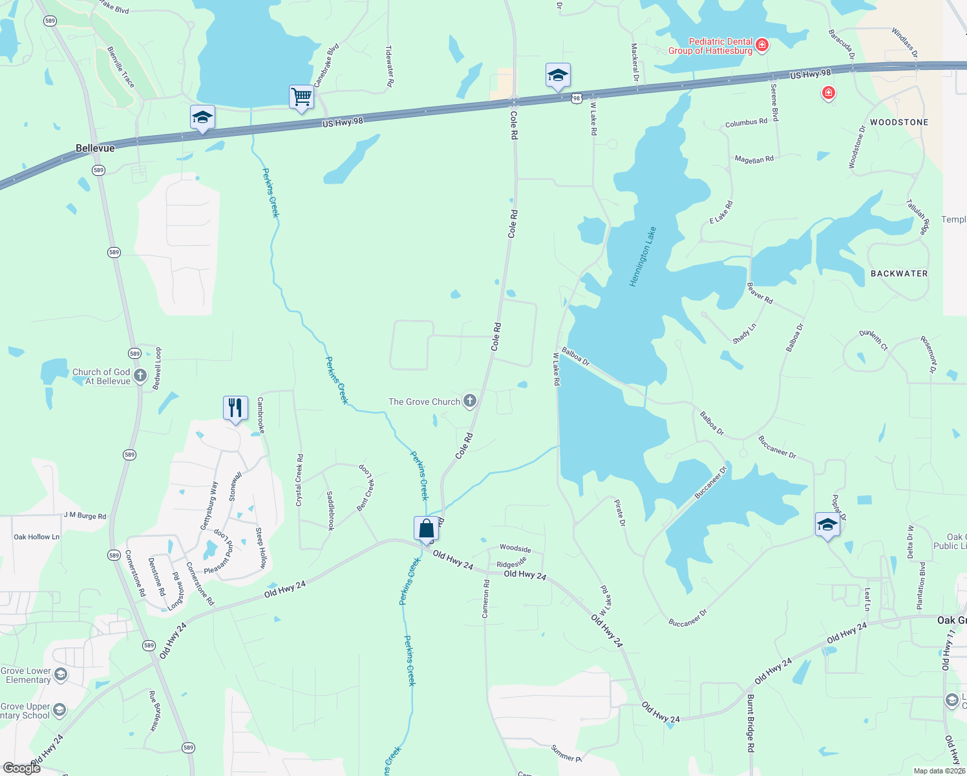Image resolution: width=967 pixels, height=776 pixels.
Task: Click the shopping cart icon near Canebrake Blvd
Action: click(x=301, y=98)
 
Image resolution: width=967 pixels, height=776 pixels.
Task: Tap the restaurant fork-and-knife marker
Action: click(x=235, y=408)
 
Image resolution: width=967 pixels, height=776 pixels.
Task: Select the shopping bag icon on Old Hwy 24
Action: click(x=426, y=529)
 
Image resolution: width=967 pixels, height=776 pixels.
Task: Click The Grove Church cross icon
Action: click(x=470, y=401)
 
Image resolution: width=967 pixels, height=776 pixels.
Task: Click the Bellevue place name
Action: click(x=95, y=148)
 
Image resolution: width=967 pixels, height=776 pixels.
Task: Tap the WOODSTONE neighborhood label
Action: click(x=898, y=122)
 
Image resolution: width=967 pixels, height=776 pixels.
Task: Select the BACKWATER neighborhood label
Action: click(x=898, y=274)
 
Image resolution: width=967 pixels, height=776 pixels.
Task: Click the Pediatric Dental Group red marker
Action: click(x=762, y=45)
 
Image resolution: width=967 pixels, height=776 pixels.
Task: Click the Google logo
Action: click(x=21, y=768)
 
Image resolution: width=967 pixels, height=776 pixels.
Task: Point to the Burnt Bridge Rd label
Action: click(x=750, y=723)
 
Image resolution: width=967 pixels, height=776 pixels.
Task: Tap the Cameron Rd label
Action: click(x=486, y=598)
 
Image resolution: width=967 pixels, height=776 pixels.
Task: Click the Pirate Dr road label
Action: click(x=620, y=512)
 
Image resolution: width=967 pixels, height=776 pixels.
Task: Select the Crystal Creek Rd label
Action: click(x=300, y=480)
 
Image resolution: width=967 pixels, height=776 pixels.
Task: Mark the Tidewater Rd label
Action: click(x=389, y=66)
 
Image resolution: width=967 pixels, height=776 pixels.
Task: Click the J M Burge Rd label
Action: click(x=85, y=515)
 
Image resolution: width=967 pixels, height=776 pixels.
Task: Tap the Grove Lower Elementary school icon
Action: click(x=61, y=675)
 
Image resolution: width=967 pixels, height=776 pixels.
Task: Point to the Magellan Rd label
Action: click(x=754, y=159)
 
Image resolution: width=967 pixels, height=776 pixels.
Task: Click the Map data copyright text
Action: click(x=938, y=771)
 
